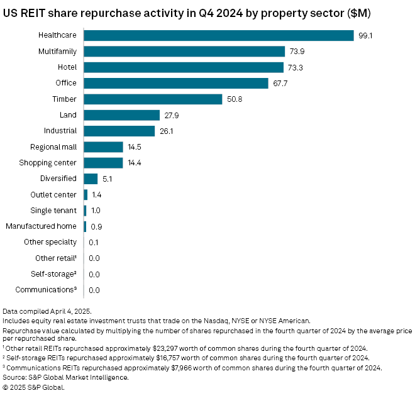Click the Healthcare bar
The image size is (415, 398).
219,35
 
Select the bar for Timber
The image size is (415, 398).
153,99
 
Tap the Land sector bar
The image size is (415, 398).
121,115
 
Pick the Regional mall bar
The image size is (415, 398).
103,146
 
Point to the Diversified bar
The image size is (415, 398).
91,179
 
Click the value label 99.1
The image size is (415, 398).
365,36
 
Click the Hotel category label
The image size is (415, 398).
66,67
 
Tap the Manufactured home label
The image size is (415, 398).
41,226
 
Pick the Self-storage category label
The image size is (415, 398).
53,274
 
